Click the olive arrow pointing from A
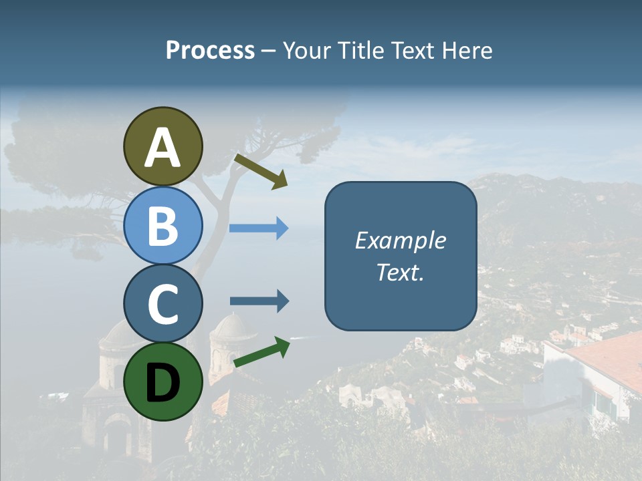[x=261, y=171]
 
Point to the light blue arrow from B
[x=259, y=228]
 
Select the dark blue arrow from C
[x=259, y=301]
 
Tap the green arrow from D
[x=261, y=352]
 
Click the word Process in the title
[x=210, y=50]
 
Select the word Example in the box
[x=400, y=240]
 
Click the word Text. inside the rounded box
[x=400, y=272]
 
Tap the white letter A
[x=163, y=148]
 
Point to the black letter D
[x=163, y=383]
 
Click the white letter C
[x=163, y=304]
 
